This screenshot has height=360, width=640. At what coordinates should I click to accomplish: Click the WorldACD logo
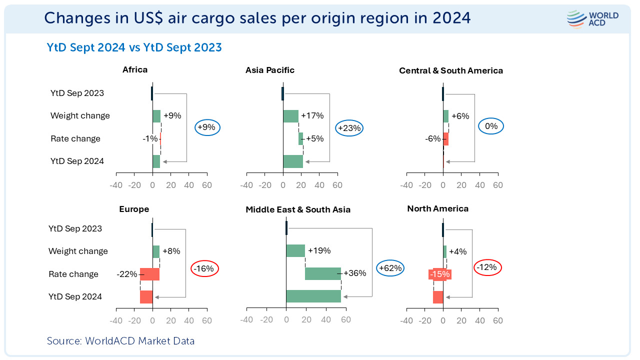[592, 19]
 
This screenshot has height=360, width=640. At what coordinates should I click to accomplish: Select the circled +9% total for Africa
[206, 127]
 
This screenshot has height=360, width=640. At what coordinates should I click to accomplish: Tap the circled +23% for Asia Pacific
[349, 128]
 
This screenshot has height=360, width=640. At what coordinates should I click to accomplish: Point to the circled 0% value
[491, 126]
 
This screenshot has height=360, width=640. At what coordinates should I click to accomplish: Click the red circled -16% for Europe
[204, 268]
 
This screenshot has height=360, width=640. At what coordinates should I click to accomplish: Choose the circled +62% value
[390, 268]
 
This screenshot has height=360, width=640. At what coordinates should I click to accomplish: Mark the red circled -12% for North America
[486, 267]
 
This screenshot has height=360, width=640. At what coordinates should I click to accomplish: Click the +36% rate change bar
[323, 273]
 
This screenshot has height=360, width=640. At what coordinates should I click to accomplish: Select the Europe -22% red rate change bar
[149, 274]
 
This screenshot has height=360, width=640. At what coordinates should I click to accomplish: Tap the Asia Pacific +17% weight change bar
[290, 116]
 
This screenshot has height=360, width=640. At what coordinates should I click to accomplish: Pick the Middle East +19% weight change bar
[295, 250]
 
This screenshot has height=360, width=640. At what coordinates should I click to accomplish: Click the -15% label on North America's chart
[439, 274]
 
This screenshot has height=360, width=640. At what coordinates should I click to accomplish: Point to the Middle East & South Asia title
[298, 209]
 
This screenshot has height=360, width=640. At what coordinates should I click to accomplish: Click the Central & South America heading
[451, 70]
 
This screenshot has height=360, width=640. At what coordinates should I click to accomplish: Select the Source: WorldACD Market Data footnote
[120, 341]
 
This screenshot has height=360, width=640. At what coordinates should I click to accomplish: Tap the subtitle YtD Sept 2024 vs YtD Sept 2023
[134, 47]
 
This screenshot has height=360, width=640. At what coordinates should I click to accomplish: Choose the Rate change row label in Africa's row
[75, 138]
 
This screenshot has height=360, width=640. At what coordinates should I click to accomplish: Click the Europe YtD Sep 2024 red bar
[146, 297]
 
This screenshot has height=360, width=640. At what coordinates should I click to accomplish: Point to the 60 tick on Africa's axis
[207, 185]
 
